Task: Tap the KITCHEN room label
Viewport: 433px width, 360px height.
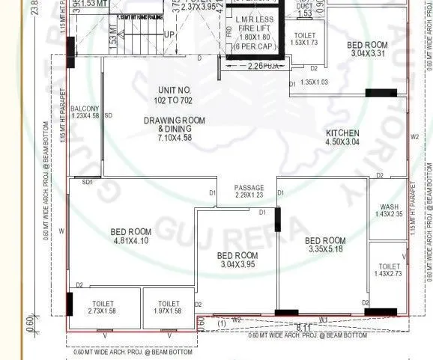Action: (x=342, y=133)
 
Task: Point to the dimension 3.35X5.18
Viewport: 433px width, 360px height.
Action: (x=325, y=249)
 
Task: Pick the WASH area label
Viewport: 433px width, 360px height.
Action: (x=389, y=207)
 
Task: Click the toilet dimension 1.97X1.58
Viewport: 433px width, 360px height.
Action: (x=169, y=310)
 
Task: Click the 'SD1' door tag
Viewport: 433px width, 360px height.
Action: (x=87, y=182)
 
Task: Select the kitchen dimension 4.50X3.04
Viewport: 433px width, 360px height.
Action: (x=342, y=142)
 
